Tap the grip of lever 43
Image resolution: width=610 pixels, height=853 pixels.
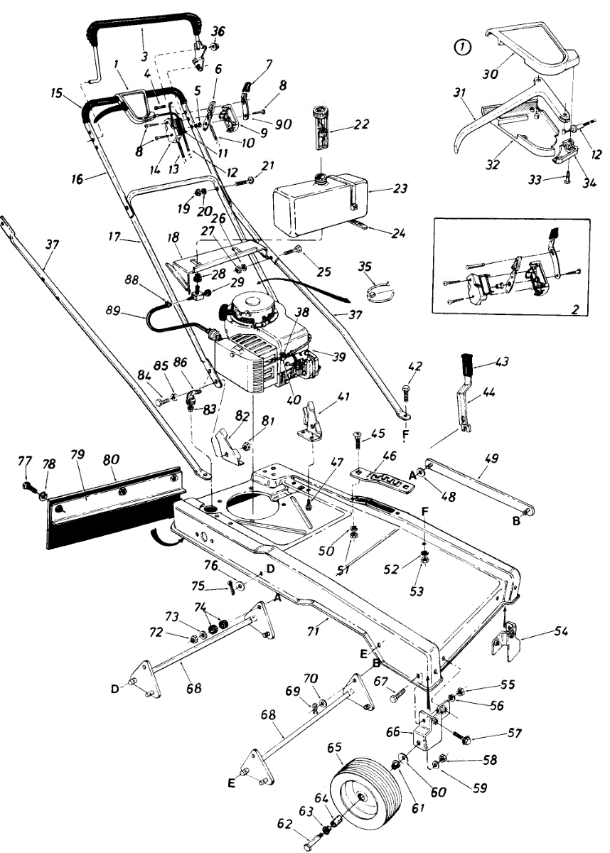pos(468,363)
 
